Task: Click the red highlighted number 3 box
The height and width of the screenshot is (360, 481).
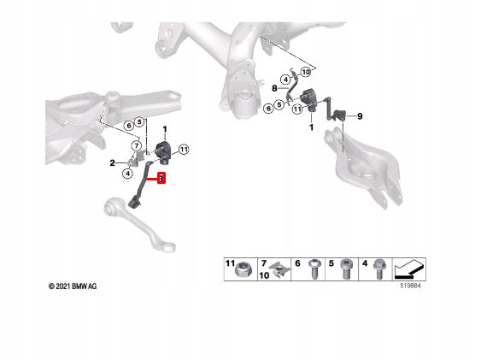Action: [161, 178]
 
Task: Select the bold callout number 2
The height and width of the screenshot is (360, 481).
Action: [112, 163]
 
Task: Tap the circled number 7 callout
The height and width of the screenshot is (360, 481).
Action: [137, 145]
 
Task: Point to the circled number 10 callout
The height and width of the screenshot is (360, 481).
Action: [306, 73]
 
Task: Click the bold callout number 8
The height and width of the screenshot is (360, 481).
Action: [274, 89]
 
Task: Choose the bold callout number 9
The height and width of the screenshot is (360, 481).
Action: [360, 116]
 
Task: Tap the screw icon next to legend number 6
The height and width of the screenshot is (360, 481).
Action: [314, 269]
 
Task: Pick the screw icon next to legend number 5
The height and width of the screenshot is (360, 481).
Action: [347, 269]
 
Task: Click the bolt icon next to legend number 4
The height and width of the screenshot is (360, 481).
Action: [378, 269]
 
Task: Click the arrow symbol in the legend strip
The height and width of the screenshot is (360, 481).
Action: [409, 269]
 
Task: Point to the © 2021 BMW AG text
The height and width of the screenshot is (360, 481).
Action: [73, 286]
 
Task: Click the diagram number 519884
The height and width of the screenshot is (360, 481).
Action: [410, 286]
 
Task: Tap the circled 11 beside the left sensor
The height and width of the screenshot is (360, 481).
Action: [184, 150]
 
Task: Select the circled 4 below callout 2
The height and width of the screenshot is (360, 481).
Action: [127, 174]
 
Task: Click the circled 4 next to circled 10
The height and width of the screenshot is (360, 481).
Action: [285, 80]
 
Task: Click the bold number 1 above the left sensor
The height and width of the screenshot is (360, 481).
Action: [165, 129]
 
